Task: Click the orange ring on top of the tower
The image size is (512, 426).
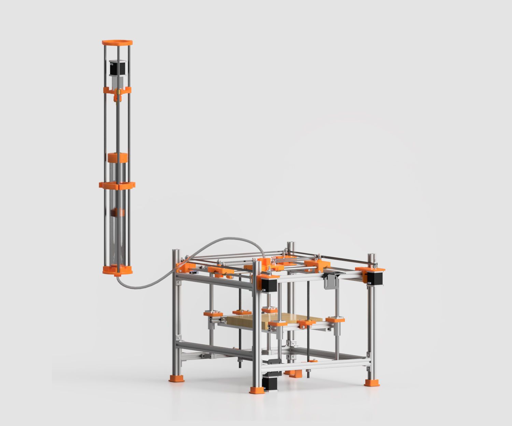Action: tap(117, 43)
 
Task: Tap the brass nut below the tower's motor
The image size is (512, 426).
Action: tap(117, 92)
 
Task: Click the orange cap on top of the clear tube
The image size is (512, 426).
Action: tap(117, 158)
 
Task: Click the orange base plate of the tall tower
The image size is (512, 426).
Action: tap(117, 270)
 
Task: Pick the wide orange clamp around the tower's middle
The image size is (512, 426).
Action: tap(117, 185)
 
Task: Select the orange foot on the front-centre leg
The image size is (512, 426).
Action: tap(256, 390)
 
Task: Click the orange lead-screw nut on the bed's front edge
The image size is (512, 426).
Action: tap(306, 323)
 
